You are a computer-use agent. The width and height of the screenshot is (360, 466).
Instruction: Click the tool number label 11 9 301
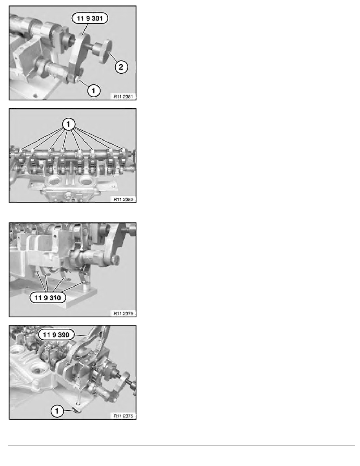[90, 18]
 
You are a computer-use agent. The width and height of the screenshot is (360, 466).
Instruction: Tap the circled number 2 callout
[121, 67]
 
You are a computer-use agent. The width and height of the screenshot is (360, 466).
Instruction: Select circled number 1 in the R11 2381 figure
[94, 90]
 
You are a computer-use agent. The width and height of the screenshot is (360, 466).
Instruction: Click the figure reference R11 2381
[123, 96]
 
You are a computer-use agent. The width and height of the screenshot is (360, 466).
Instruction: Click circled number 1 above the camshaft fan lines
[69, 124]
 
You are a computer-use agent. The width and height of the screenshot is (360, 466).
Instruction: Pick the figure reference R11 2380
[123, 199]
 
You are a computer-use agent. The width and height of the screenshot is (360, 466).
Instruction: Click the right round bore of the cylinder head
[86, 180]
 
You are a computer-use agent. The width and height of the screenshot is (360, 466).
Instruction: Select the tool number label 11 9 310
[48, 298]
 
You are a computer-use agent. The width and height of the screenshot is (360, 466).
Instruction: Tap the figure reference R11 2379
[123, 313]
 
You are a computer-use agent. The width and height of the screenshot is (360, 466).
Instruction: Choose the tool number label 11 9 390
[56, 335]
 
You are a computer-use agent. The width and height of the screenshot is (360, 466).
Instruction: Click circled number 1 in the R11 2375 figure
[57, 411]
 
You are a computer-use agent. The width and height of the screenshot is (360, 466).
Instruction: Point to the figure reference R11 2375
[123, 416]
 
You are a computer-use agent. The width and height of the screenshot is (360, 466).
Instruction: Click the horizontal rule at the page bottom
[182, 446]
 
